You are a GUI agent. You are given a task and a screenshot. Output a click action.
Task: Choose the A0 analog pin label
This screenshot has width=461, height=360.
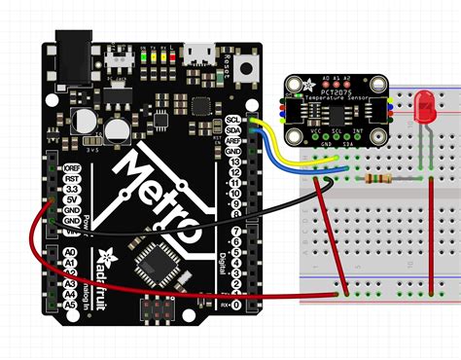coord(68,252)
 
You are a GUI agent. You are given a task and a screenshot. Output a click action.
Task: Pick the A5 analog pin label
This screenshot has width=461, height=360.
coord(68,304)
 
